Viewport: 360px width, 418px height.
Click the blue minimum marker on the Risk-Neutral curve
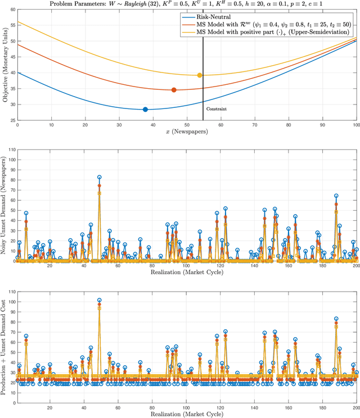pyautogui.click(x=145, y=110)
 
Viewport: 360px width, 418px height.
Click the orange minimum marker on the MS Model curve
pyautogui.click(x=174, y=90)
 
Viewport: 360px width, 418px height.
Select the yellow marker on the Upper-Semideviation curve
pyautogui.click(x=200, y=75)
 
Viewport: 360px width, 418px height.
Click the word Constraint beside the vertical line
pyautogui.click(x=217, y=109)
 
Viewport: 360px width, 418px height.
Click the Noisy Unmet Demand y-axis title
pyautogui.click(x=6, y=206)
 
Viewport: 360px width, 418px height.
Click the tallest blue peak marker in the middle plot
pyautogui.click(x=100, y=177)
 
